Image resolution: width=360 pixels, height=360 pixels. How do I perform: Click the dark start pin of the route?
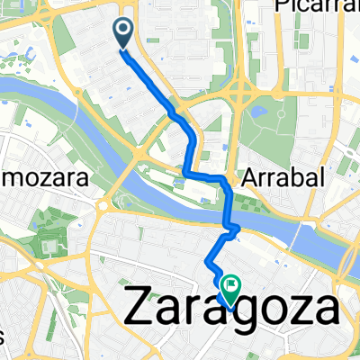[123, 32]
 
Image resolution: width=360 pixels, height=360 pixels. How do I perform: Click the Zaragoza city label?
[230, 310]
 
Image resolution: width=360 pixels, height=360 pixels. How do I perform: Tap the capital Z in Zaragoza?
[136, 310]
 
